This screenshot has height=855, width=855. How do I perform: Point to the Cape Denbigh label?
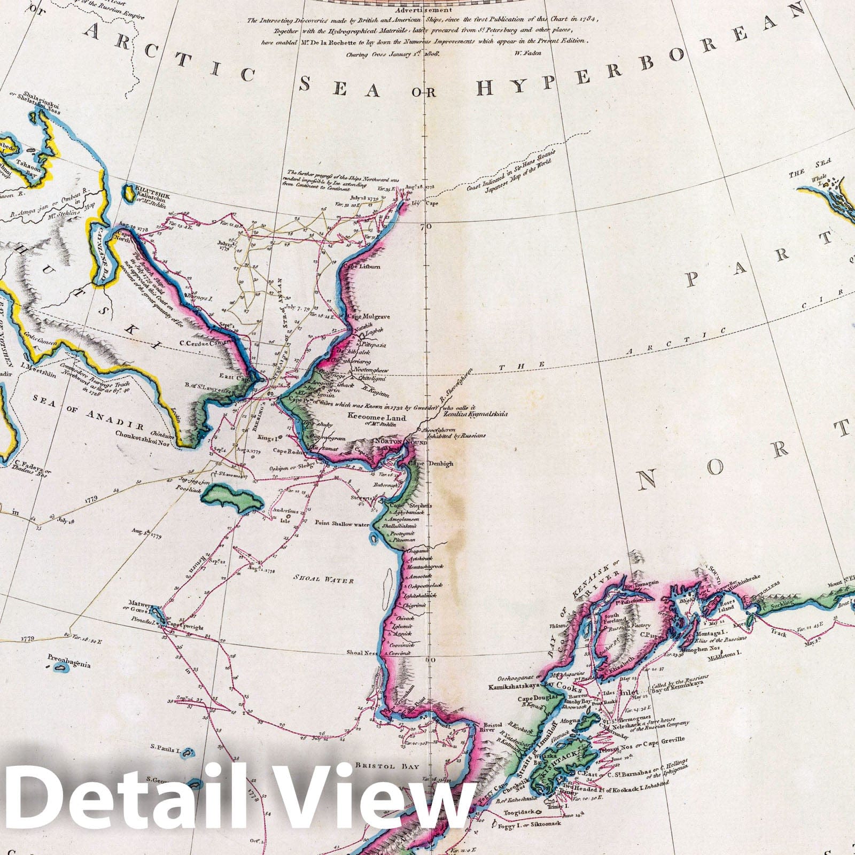tap(431, 464)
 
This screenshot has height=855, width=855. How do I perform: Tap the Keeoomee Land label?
tap(377, 418)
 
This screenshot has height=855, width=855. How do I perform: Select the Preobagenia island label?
tap(69, 665)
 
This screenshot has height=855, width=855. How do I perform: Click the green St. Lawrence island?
tap(232, 500)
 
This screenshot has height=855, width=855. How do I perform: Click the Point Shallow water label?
tap(342, 524)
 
